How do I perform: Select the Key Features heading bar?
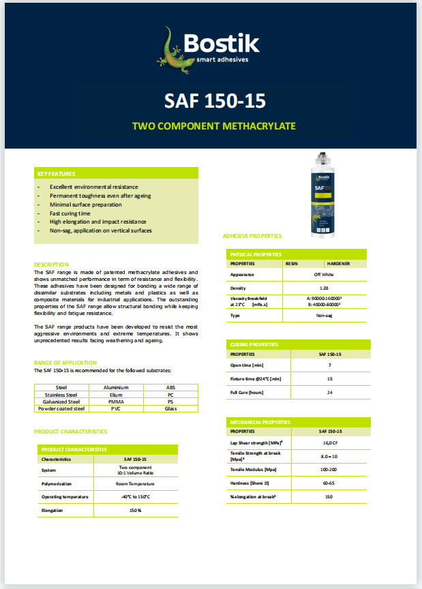pos(116,174)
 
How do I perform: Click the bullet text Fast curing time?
pos(70,213)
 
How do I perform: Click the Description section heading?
pos(52,264)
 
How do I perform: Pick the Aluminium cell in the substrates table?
pos(115,387)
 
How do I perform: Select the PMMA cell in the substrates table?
pos(115,402)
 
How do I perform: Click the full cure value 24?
pos(329,392)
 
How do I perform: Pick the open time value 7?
pos(329,366)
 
